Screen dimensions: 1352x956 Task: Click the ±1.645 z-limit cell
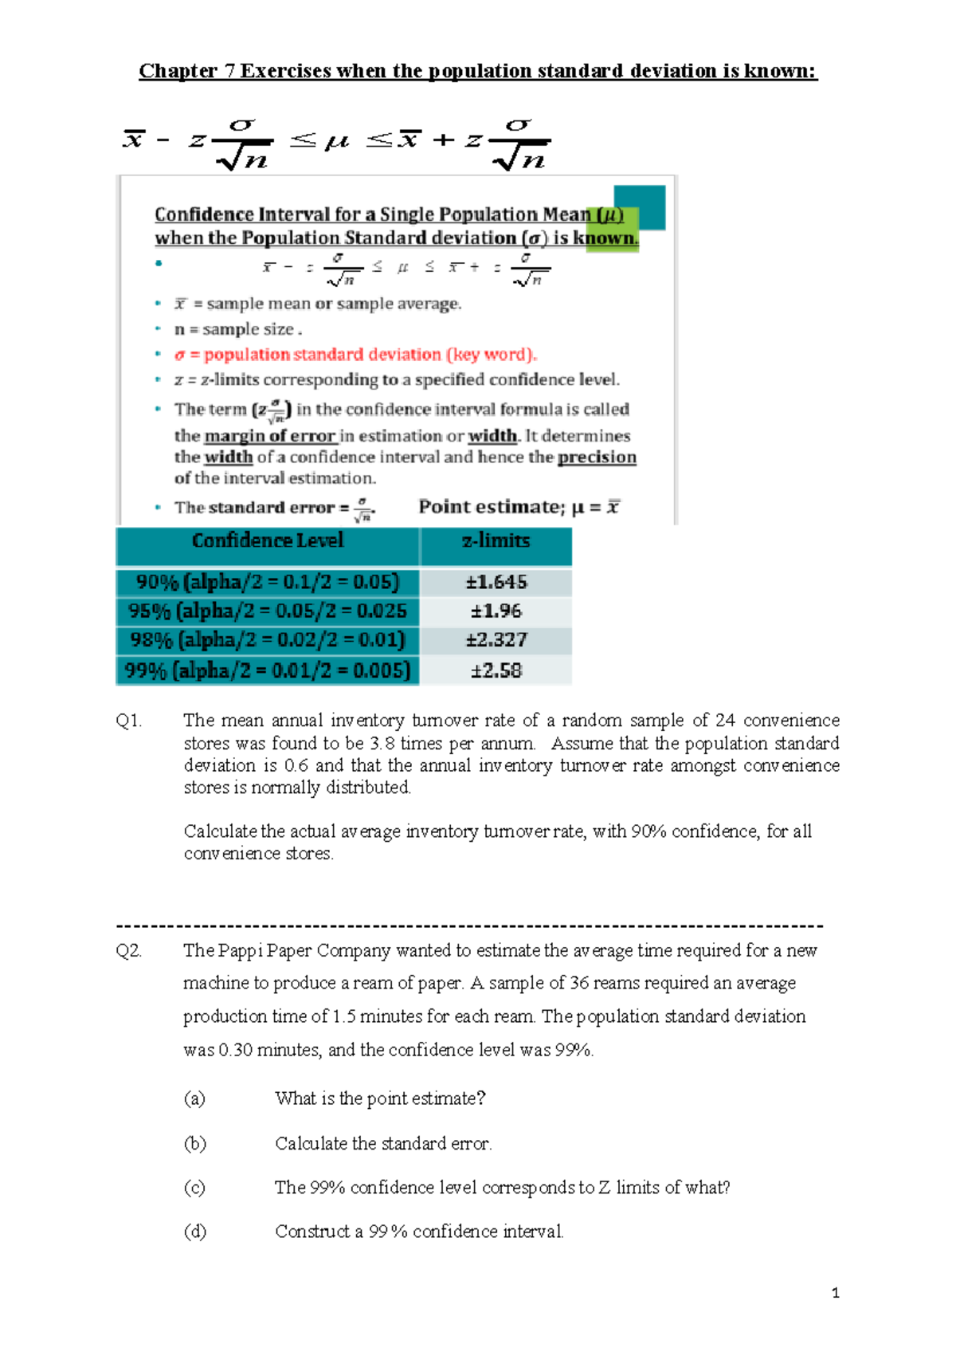(x=496, y=582)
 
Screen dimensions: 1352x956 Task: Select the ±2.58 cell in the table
(x=496, y=670)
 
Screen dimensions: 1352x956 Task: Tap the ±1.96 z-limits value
(x=496, y=611)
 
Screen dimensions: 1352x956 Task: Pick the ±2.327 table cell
(x=496, y=640)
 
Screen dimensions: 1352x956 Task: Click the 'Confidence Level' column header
(x=268, y=540)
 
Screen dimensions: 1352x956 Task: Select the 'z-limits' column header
(x=496, y=540)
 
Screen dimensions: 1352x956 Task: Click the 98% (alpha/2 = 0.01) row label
(x=268, y=640)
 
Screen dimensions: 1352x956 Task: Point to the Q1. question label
(x=129, y=721)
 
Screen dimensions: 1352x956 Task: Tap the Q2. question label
(x=129, y=950)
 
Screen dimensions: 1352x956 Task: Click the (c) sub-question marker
(x=194, y=1188)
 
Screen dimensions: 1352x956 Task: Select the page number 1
(x=835, y=1293)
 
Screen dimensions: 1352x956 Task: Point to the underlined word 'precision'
(x=597, y=458)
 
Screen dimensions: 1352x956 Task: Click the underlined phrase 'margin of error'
(x=270, y=436)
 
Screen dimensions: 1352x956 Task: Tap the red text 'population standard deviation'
(x=323, y=355)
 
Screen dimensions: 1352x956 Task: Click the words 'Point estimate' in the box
(x=490, y=507)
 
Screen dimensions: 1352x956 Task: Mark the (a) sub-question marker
(x=194, y=1098)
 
